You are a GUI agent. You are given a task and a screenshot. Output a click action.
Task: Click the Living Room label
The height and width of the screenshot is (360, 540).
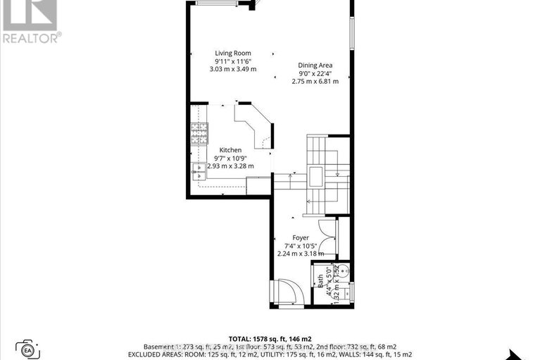233,53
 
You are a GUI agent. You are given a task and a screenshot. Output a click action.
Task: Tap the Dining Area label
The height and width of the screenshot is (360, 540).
315,66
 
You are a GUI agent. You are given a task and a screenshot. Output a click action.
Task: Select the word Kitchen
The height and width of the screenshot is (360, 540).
230,150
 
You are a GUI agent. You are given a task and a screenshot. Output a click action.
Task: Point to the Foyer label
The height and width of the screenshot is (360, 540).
301,238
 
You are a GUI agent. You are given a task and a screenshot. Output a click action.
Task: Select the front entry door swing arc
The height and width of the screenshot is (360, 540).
289,290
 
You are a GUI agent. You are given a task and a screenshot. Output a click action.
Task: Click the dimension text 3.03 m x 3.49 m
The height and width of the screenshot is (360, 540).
233,69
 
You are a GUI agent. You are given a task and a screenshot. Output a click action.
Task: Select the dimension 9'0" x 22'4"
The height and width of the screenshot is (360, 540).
315,73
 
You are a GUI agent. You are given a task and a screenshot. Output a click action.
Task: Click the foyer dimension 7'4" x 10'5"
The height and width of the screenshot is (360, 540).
301,246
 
